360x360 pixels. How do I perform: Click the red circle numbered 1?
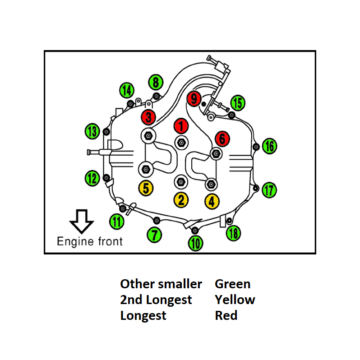click(x=181, y=125)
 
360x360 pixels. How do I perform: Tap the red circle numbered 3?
click(x=148, y=117)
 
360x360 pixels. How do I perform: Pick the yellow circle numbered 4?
click(x=212, y=201)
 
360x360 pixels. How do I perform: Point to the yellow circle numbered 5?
click(x=146, y=188)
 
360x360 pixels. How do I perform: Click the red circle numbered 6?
click(x=222, y=138)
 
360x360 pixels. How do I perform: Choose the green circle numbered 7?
click(x=155, y=234)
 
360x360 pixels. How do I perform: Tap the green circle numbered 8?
click(x=155, y=83)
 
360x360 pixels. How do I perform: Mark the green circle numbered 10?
click(x=195, y=244)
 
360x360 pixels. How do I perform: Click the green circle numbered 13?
click(x=92, y=132)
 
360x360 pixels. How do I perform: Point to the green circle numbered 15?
click(x=237, y=103)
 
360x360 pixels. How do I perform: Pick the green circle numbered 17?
click(x=269, y=190)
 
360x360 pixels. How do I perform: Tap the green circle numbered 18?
click(x=233, y=233)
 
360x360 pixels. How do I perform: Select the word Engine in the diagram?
click(x=74, y=241)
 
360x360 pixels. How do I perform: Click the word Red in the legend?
click(x=226, y=315)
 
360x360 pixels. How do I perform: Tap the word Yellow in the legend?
click(x=235, y=300)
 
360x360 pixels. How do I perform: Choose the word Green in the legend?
click(x=232, y=284)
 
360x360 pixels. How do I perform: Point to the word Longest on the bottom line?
click(x=143, y=315)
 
